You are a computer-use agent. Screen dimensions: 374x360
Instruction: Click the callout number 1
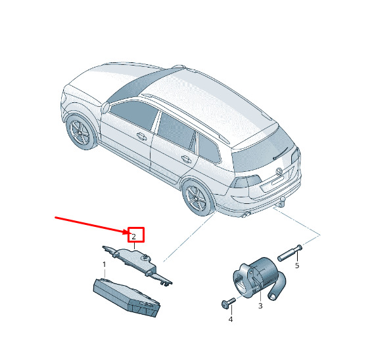(105, 264)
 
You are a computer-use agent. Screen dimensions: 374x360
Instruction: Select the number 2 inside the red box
(134, 237)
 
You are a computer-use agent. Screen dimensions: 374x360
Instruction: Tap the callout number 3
(260, 306)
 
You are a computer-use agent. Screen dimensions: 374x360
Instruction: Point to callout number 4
(231, 319)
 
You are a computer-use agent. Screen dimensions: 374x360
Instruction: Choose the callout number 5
(297, 266)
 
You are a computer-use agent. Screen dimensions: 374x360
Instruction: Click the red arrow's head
(126, 231)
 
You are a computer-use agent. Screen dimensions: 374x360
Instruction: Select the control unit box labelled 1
(126, 298)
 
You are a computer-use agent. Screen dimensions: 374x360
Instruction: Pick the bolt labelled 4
(228, 302)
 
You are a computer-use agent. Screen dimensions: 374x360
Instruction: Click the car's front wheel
(82, 132)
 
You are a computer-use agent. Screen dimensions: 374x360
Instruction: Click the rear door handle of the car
(186, 159)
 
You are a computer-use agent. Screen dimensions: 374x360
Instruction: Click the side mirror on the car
(105, 108)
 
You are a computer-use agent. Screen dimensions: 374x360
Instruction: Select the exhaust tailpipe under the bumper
(246, 215)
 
